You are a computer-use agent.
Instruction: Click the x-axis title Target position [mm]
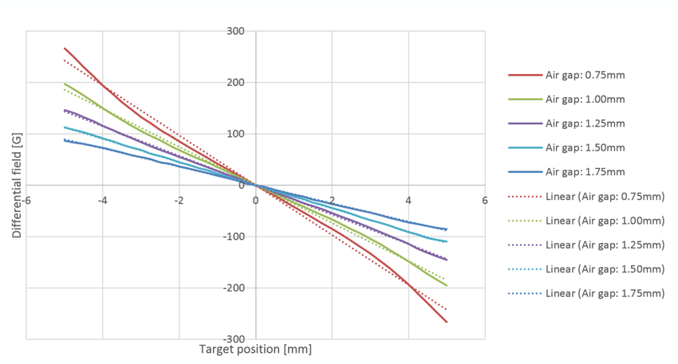255,349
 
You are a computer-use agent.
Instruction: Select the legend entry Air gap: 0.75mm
585,75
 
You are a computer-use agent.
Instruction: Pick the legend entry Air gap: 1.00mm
585,100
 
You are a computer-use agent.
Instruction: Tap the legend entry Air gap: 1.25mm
585,123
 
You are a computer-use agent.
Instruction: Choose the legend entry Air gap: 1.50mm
585,147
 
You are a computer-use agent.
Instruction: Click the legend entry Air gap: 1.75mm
585,172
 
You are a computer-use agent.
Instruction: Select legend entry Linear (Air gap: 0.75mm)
605,196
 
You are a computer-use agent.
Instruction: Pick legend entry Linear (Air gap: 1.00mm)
605,221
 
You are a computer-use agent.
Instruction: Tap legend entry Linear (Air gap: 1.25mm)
605,245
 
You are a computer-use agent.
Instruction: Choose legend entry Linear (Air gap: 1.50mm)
605,269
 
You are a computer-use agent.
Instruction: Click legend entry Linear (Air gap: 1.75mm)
605,293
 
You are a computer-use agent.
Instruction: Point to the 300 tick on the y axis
235,32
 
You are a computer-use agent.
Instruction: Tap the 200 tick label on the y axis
235,83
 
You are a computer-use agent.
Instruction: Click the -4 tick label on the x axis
102,200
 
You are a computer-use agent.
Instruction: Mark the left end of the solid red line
65,48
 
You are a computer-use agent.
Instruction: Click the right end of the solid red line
447,322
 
